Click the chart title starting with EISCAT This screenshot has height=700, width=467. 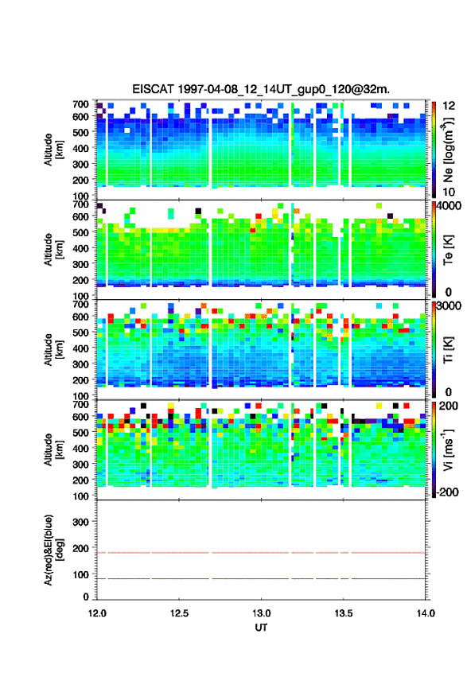coord(261,89)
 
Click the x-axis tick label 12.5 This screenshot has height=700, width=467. coord(178,613)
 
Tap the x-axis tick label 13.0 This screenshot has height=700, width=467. coord(261,613)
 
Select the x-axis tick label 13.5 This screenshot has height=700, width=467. coord(344,613)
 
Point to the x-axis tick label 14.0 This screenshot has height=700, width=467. coord(425,613)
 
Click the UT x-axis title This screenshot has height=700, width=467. coord(261,628)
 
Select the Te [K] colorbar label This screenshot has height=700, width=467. coord(448,250)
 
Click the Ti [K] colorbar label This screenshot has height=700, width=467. coord(448,350)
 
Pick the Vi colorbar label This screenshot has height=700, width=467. coord(448,449)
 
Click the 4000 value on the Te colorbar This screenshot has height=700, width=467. coord(449,206)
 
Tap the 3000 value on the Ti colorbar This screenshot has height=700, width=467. coord(449,306)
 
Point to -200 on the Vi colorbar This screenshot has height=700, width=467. coord(446,492)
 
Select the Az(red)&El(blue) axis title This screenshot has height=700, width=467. coord(53,550)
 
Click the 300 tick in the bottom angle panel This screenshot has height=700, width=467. coord(81,522)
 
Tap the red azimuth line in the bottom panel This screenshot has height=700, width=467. coord(261,553)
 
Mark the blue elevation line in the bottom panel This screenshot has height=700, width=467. coord(261,578)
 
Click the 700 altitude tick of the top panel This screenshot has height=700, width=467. coord(81,104)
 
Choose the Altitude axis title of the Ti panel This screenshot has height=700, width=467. coord(53,349)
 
